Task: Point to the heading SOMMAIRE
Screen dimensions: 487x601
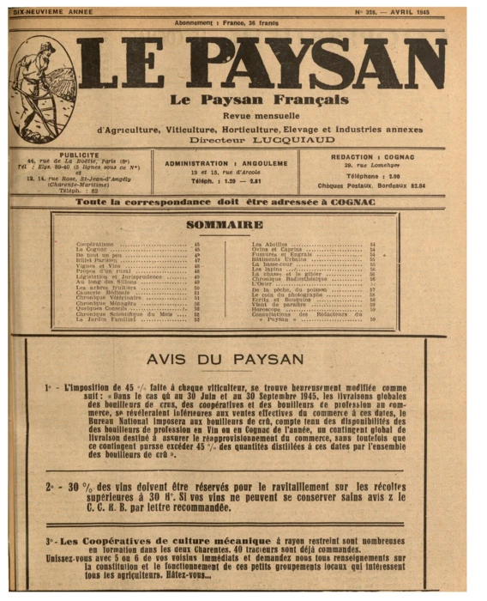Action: pos(224,225)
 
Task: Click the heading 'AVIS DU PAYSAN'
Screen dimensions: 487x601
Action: pos(225,358)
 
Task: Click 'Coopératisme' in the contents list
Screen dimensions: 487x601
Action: pos(94,245)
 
